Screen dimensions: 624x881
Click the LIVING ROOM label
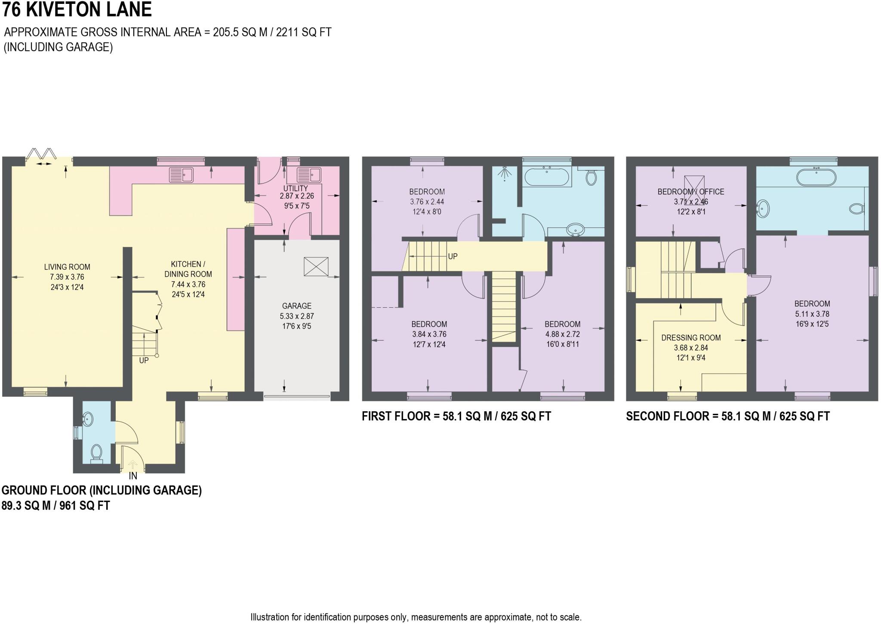67,267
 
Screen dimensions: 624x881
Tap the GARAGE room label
296,306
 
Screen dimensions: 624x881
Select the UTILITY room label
296,188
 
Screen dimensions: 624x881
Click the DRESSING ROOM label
690,338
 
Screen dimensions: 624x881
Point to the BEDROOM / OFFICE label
690,192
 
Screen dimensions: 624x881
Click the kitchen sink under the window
181,174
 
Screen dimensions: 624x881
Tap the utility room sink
308,174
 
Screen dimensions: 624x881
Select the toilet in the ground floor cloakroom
96,453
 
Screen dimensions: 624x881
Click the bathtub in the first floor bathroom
546,177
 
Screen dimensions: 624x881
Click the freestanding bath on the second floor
816,177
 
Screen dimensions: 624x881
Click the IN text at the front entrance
133,476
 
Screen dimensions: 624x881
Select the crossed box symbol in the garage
316,266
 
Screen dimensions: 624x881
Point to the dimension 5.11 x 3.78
812,314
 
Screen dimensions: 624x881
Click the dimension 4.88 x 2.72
562,334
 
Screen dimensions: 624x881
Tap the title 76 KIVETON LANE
77,10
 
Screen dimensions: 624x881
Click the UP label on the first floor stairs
453,256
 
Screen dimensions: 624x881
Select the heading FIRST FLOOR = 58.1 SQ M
456,416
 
